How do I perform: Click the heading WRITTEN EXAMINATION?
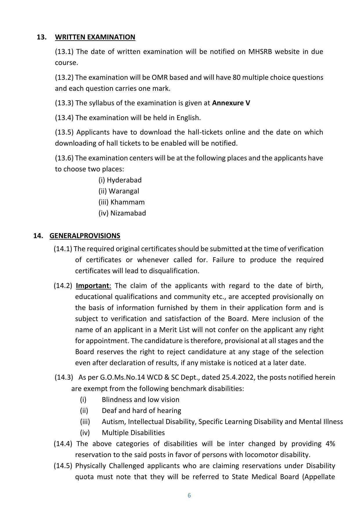tap(95, 37)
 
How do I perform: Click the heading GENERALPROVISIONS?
tap(85, 236)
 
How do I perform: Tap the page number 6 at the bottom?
tap(189, 495)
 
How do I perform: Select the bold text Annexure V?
tap(231, 103)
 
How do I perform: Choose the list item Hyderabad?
tap(124, 180)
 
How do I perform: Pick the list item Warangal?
tap(124, 191)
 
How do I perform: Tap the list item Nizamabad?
tap(128, 213)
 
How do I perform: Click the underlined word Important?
tap(93, 286)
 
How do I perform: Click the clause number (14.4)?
tap(63, 444)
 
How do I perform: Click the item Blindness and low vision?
tap(140, 400)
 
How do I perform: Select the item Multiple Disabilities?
tap(133, 433)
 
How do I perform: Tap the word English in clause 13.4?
tap(188, 118)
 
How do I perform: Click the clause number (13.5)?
tap(64, 132)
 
